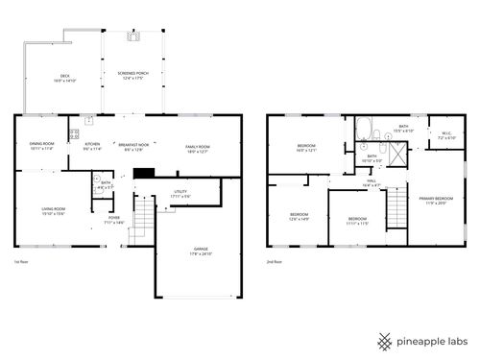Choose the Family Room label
point(198,146)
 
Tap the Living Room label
point(53,210)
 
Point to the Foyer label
point(114,220)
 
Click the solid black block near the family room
point(144,174)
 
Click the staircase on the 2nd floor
point(395,205)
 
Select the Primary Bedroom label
point(434,200)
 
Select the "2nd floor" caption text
point(276,260)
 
